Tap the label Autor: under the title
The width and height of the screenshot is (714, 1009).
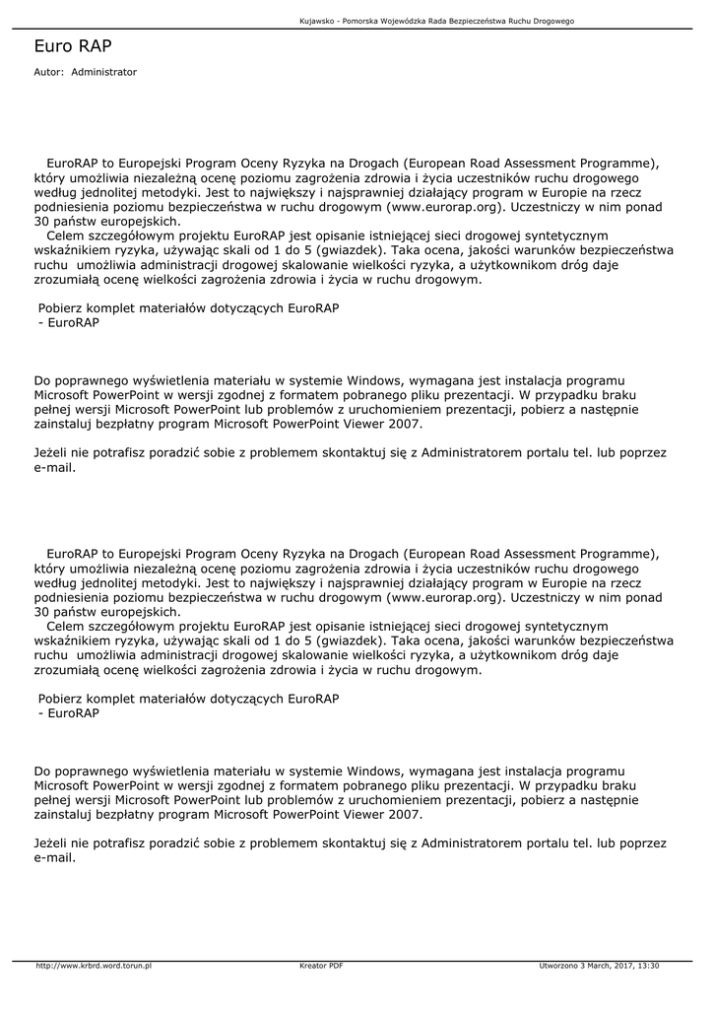coord(48,72)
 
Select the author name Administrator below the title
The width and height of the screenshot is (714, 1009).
coord(104,72)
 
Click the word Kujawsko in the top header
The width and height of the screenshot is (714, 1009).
coord(316,21)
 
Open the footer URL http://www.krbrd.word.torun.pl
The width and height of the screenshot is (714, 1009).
coord(94,966)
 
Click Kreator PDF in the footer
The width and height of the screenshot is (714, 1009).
coord(321,966)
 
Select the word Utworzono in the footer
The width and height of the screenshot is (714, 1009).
coord(557,966)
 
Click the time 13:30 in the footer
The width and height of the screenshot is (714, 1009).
coord(648,966)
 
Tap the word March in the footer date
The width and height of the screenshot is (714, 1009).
coord(596,966)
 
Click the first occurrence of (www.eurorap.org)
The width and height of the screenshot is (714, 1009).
coord(445,208)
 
